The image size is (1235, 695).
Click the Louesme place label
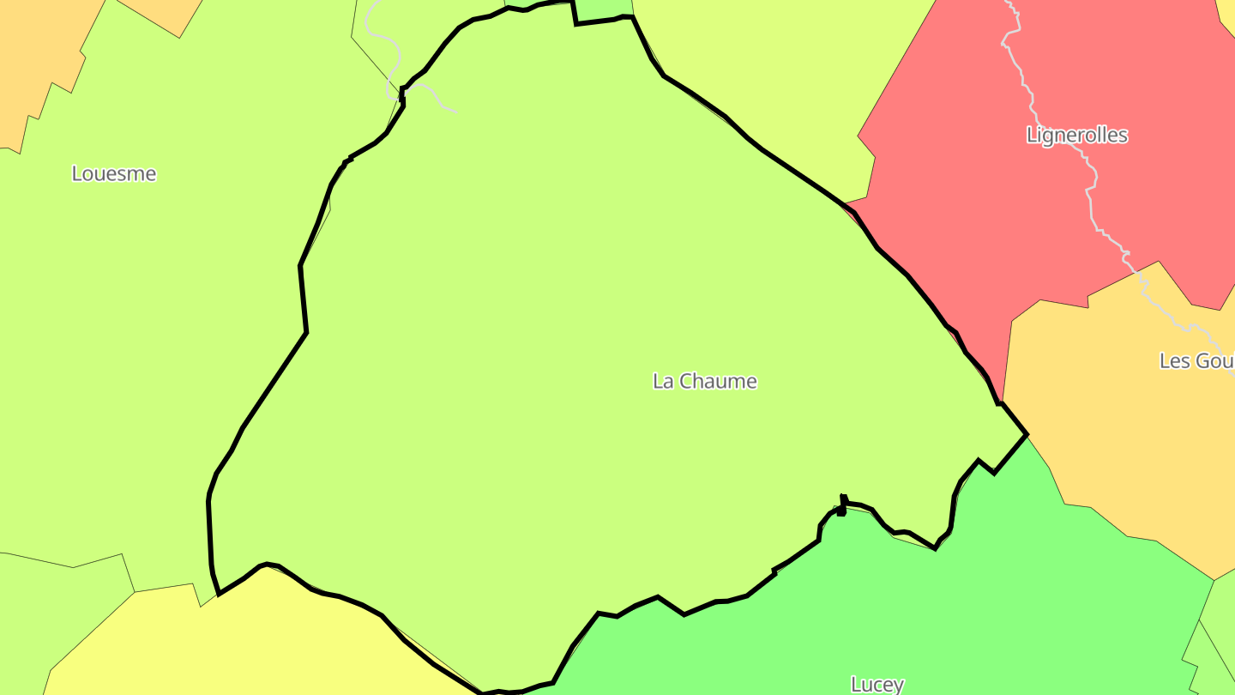(114, 173)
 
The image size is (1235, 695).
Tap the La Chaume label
(705, 381)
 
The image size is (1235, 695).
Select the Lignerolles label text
(1076, 136)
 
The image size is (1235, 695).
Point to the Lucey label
(877, 684)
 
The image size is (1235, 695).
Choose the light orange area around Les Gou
(1115, 429)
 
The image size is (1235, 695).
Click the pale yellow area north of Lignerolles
(772, 69)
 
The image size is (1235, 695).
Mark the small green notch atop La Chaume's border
(603, 9)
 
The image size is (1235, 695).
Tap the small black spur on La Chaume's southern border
(843, 505)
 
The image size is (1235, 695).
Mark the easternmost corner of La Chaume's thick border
(1026, 435)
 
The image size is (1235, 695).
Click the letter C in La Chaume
(686, 381)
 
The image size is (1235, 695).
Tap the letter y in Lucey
(898, 686)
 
